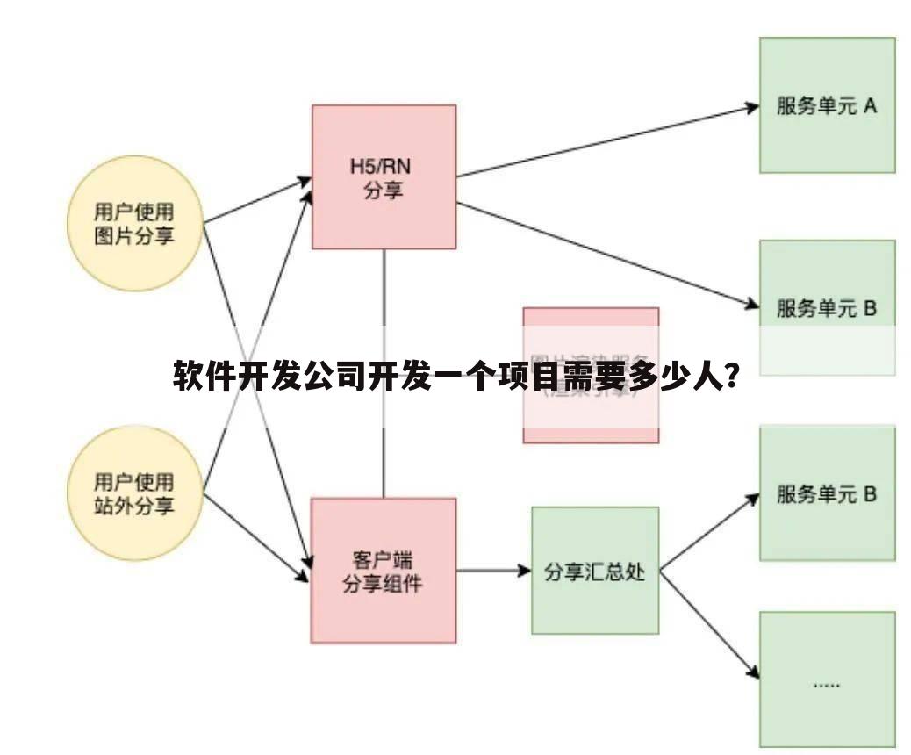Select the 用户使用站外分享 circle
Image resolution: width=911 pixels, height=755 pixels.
point(135,493)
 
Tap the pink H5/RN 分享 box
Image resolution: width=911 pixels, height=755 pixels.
point(384,176)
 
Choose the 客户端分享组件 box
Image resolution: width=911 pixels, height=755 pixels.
point(384,570)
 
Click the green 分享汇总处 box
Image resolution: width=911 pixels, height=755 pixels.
point(594,571)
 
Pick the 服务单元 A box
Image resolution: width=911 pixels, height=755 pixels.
point(827,104)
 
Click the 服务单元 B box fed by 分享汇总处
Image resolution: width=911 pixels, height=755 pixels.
point(827,493)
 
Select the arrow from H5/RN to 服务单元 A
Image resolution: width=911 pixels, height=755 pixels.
point(606,140)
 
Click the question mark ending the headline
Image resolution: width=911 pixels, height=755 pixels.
point(728,377)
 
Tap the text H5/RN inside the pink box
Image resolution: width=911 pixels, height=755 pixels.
point(384,165)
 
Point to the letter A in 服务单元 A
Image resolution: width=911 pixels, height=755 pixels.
point(870,105)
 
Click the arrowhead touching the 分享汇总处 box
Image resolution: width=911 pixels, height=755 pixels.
point(524,571)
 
